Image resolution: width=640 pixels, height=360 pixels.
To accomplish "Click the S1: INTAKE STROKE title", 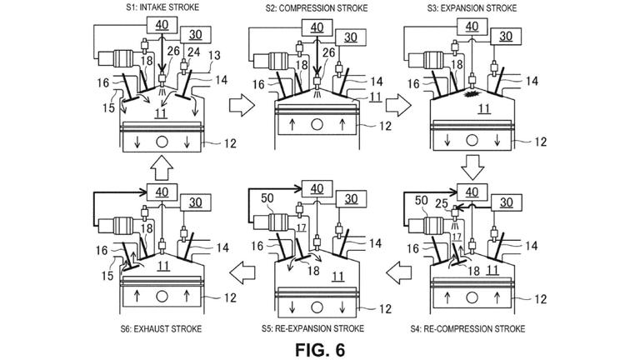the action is point(162,7).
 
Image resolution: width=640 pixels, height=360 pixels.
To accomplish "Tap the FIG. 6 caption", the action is point(320,350).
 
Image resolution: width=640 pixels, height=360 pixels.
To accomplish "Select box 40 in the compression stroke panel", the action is point(317,27).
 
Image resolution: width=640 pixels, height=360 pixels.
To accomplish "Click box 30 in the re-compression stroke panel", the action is point(506,202).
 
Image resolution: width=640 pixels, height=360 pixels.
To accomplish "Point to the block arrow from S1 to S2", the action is point(242,105).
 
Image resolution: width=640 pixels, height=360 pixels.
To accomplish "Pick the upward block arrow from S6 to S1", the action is point(162,167).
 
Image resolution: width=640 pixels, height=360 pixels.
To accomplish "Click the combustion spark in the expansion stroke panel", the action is point(473,94).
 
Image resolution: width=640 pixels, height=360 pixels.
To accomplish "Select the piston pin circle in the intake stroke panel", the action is point(162,142).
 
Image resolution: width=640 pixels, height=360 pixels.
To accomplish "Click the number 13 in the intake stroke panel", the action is point(214,55).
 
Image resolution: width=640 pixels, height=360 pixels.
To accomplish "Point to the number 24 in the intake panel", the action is point(194,52).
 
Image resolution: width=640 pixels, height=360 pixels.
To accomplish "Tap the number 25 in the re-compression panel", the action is point(442,202).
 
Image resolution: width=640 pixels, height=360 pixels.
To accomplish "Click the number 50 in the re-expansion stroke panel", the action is point(267,198).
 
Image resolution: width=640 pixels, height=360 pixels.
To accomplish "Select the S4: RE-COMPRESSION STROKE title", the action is point(467,328).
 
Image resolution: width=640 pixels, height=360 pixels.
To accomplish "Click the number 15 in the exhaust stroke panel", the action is point(107,276).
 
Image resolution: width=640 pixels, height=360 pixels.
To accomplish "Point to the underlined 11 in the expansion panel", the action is point(484,108).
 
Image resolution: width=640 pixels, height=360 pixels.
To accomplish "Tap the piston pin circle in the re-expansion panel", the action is point(317,307).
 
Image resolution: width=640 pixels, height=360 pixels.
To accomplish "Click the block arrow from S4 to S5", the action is point(399,272).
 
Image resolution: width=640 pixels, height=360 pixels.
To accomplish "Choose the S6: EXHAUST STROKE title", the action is point(161,328).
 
